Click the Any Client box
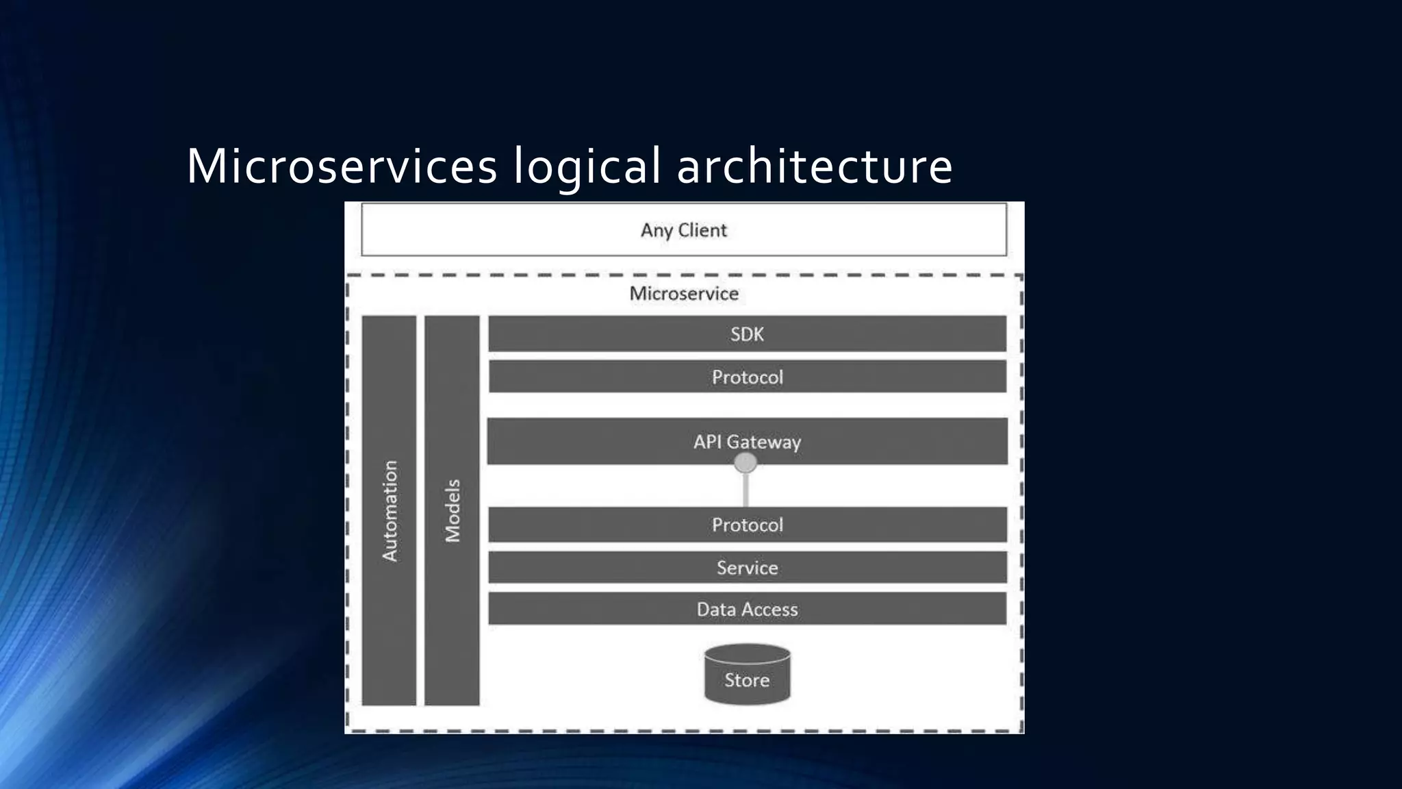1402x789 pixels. click(683, 229)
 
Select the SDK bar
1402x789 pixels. click(747, 334)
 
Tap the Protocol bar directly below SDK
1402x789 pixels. click(747, 377)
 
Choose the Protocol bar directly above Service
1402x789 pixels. click(747, 525)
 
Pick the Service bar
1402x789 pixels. click(747, 567)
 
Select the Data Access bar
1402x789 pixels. click(747, 609)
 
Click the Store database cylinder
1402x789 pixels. click(747, 675)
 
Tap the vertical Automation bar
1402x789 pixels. click(389, 510)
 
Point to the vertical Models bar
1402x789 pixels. click(452, 510)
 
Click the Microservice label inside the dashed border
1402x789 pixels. click(684, 293)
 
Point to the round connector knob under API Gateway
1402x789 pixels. click(745, 464)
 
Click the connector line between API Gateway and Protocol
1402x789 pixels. click(745, 490)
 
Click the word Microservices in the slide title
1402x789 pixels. click(342, 166)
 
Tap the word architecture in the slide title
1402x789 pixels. click(815, 166)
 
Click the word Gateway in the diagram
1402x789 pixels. click(763, 442)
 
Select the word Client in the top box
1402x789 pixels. click(702, 229)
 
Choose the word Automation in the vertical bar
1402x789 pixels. click(389, 511)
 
